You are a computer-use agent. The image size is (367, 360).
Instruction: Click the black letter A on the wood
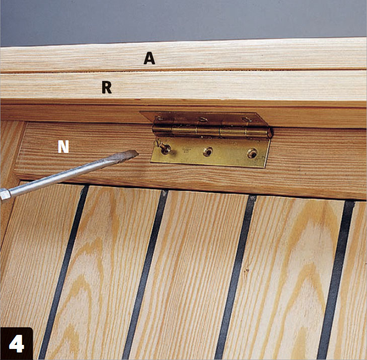coord(150,58)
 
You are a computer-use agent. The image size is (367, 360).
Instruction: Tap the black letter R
coord(107,87)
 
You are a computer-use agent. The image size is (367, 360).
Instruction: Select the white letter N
coord(63,147)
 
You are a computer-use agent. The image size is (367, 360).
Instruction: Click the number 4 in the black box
coord(17,343)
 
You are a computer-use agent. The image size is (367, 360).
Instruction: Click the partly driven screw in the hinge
coord(165,148)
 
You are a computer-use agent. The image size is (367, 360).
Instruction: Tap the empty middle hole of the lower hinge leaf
coord(208,151)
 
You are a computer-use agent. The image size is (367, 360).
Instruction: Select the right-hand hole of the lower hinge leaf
coord(252,153)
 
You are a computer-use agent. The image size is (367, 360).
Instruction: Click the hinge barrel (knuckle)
coord(212,132)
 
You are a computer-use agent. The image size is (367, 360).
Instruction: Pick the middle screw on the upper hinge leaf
coord(202,119)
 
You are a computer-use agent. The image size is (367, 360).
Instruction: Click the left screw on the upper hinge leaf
coord(159,118)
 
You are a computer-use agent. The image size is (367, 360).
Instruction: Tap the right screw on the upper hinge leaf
coord(247,120)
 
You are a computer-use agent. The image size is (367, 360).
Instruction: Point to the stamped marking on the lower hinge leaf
coord(187,150)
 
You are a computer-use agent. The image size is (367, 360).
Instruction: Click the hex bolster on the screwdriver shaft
coord(5,195)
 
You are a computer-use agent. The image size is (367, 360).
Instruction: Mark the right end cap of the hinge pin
coord(270,133)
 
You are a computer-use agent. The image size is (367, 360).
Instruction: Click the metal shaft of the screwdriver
coord(65,173)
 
